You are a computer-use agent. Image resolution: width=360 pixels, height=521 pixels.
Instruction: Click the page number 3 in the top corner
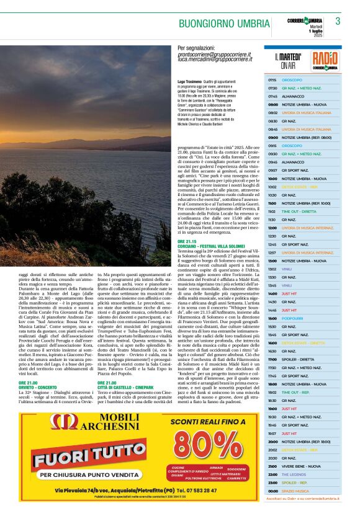point(338,21)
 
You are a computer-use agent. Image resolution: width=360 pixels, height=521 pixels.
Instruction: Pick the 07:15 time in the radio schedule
point(272,80)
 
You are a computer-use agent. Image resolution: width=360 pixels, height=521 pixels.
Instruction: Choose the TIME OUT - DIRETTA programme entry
point(299,211)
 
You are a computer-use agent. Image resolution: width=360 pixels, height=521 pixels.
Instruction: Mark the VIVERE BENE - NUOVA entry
point(301,466)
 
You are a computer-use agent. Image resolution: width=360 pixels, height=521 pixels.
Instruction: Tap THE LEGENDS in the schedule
point(294,474)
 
